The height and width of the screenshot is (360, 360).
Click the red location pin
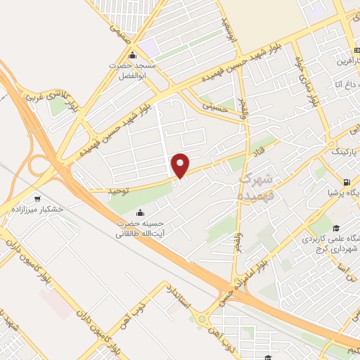coord(181,165)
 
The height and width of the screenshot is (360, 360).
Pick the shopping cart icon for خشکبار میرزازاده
coord(37,199)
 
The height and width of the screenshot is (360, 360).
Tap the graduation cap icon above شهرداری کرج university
coord(337,227)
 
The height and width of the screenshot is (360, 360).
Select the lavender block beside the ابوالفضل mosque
coord(149,47)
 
